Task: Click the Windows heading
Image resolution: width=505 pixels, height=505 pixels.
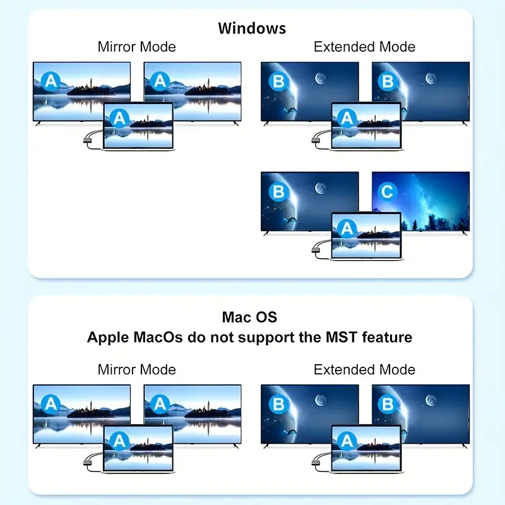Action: click(x=252, y=28)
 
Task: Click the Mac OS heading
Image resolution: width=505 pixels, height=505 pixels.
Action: click(x=249, y=318)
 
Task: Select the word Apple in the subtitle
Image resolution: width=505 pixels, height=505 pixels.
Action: click(x=108, y=338)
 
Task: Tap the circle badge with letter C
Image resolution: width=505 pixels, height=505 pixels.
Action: click(x=387, y=192)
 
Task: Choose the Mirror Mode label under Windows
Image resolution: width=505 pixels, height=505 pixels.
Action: click(x=137, y=47)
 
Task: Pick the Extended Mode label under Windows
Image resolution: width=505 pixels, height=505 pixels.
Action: click(x=364, y=47)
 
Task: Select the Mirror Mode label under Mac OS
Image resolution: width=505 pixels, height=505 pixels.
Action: click(x=137, y=370)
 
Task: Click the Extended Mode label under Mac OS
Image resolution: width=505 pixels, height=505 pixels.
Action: click(x=364, y=370)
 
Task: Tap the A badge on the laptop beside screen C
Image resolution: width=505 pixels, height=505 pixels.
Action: click(x=347, y=229)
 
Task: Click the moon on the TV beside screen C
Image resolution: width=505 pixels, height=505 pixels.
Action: click(x=320, y=188)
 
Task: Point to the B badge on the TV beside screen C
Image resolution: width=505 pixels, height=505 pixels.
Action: click(x=278, y=192)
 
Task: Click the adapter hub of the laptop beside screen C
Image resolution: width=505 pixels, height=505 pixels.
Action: click(x=315, y=249)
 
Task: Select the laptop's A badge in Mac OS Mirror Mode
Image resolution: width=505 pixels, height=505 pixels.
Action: click(x=119, y=441)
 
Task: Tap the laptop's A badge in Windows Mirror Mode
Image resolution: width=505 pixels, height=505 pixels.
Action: click(x=119, y=118)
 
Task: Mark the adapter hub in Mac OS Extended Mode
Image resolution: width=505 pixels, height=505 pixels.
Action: click(x=315, y=463)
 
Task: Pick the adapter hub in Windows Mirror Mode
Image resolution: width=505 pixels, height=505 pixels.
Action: click(x=87, y=140)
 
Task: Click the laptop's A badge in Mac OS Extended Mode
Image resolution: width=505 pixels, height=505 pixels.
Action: click(x=347, y=441)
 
